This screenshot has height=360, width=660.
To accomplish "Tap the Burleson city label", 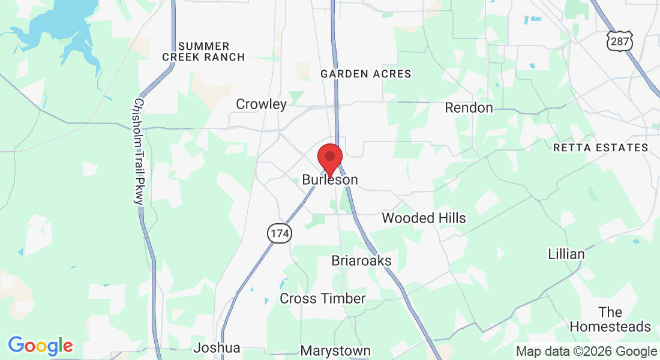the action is [330, 180].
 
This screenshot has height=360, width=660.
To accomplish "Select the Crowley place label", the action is [261, 104].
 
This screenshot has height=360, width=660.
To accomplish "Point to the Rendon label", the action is [469, 108].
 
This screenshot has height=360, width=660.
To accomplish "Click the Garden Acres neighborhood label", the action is [366, 74].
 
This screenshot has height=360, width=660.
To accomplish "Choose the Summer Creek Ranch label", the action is [203, 52].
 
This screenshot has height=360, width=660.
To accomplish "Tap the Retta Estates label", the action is [601, 148].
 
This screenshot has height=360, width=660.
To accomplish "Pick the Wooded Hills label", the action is [424, 218].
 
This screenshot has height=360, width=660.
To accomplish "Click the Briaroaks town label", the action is [361, 261].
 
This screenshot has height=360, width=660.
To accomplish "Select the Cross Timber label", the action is [322, 298].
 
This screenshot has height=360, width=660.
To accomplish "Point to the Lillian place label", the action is [566, 254].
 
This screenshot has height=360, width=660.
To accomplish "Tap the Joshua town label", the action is [217, 348].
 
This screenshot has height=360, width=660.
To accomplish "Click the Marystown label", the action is [335, 350].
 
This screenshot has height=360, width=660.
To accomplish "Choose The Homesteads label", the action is [610, 319].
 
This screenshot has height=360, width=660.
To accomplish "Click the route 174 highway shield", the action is [279, 233].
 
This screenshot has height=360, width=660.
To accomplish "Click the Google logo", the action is [40, 346].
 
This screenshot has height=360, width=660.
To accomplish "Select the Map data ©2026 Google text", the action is [586, 352].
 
